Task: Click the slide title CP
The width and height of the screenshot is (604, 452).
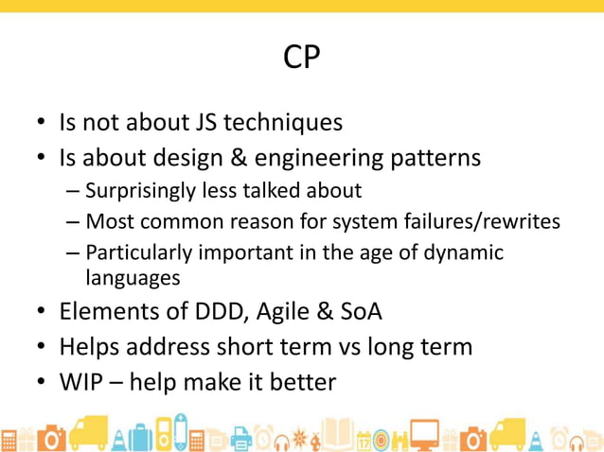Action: (302, 58)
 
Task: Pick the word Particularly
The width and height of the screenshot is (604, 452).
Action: (137, 252)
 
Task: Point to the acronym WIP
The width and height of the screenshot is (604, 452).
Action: (83, 382)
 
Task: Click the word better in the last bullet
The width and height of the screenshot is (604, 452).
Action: (302, 382)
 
